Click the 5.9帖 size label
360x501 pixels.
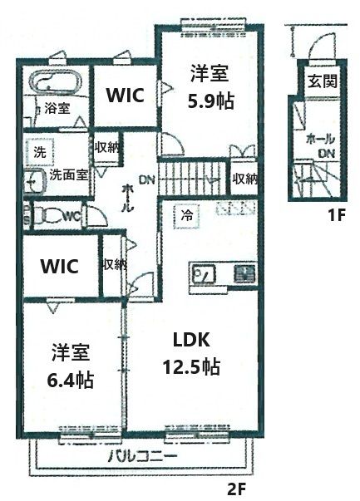[x=210, y=101]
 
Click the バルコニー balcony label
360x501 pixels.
[x=140, y=457]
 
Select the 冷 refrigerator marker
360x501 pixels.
[x=187, y=214]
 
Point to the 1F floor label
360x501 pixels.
[x=335, y=217]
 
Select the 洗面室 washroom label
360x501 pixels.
[x=68, y=175]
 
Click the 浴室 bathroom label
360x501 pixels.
[x=57, y=108]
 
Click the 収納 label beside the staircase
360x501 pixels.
[x=244, y=178]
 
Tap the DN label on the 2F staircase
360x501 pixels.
[x=147, y=179]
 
